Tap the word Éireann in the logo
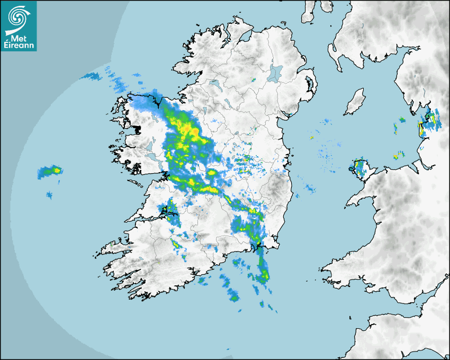coord(19,45)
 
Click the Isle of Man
coord(355,102)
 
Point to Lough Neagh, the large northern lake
coord(275,73)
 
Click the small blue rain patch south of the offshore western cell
coord(49,196)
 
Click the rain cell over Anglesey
coord(361,168)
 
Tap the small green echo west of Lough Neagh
coord(254,79)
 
